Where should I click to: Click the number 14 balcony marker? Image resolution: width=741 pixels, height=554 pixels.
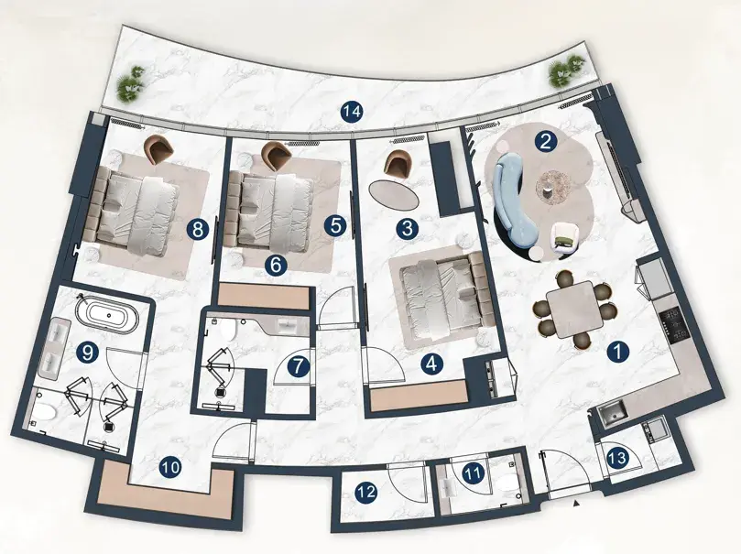353,112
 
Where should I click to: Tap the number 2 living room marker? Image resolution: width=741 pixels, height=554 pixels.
545,142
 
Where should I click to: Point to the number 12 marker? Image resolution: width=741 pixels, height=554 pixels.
366,493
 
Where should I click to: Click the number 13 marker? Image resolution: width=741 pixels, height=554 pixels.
617,457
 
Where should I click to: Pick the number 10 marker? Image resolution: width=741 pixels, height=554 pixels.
170,468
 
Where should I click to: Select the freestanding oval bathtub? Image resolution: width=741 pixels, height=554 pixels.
107,313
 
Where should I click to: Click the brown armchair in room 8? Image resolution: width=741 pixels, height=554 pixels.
158,148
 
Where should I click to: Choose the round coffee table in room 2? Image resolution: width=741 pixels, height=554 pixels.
552,187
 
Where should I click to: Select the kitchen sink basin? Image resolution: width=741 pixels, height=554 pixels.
613,415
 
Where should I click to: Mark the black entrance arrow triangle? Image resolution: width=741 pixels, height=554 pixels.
575,504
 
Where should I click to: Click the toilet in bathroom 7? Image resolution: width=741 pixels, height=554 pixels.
228,330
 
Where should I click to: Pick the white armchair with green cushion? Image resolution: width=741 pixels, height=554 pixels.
565,238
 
